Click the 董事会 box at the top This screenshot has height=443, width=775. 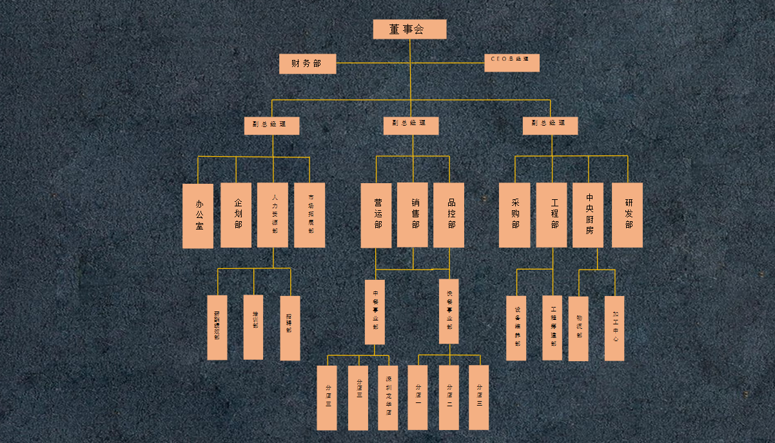[x=409, y=29]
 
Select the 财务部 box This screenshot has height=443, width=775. [x=308, y=63]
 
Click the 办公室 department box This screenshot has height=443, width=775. [x=198, y=215]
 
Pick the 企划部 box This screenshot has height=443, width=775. [x=236, y=215]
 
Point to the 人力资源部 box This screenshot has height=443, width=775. [x=273, y=215]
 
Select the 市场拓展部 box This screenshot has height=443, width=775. [x=309, y=215]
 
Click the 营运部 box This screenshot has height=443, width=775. [x=376, y=215]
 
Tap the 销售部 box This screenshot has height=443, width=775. [x=413, y=214]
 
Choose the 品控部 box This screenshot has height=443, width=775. [x=449, y=215]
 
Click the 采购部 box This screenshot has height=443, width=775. [x=515, y=215]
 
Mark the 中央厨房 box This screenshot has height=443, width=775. [x=588, y=215]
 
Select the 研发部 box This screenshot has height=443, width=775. [x=627, y=215]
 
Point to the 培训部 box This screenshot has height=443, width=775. [x=253, y=327]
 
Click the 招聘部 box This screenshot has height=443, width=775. [x=290, y=328]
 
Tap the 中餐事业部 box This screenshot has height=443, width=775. [x=375, y=312]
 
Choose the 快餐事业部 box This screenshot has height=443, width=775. [x=449, y=311]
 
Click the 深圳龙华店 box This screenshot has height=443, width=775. [x=387, y=398]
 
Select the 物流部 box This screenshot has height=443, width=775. [x=578, y=328]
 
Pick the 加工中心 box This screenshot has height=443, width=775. [x=614, y=328]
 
